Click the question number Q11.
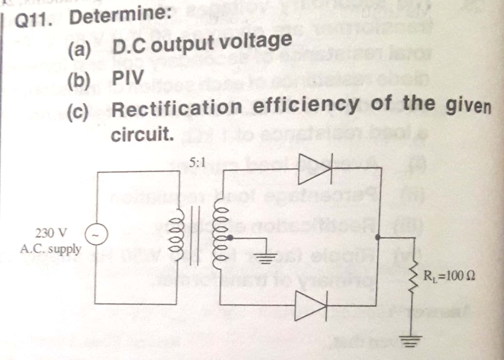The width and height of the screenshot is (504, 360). click(x=34, y=20)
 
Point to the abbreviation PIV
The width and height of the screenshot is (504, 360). click(x=128, y=77)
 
